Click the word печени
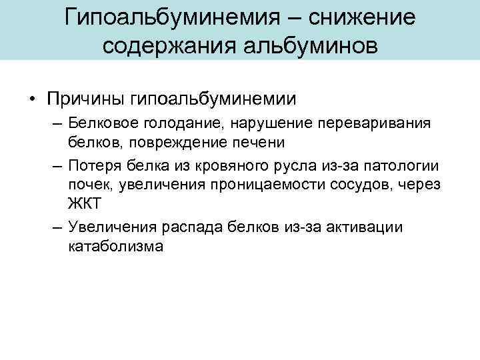click(x=261, y=142)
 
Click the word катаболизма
click(x=115, y=246)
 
